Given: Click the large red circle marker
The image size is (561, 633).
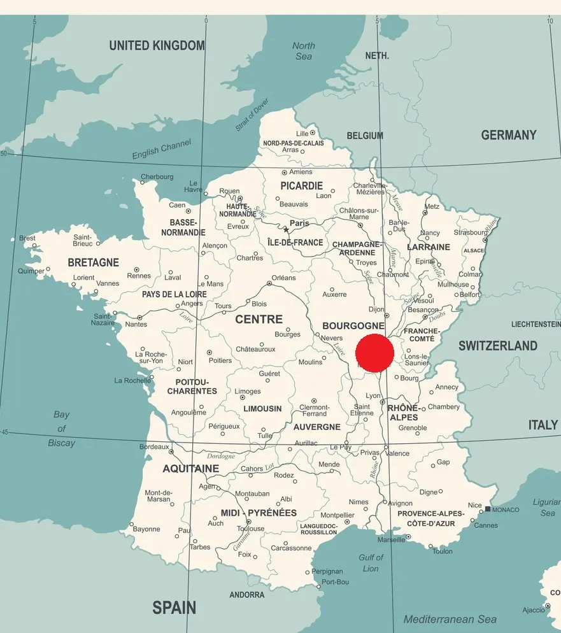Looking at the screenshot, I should coord(374,353).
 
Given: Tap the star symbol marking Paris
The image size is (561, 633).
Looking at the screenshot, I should coord(286,230).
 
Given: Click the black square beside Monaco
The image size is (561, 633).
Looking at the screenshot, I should coord(487,509).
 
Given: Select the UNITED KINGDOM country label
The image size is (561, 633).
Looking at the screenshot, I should coord(157,45).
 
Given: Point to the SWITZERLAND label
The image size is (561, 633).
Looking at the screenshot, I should coord(498,346).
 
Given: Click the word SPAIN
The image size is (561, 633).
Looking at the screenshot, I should coord(174,607).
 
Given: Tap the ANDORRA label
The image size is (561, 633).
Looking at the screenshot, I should coord(246,595).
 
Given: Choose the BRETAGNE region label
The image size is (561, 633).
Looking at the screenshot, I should coord(93,262).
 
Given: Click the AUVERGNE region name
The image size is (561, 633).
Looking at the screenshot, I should coord(316,427).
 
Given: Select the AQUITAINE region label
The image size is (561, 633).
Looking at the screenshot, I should coord(190,469).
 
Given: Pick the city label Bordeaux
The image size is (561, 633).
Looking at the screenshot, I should coord(154,447).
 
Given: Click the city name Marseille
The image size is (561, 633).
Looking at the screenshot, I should coord(390,539).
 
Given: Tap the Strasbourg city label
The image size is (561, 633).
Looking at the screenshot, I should coord(470,232).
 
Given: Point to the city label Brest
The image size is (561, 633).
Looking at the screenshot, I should coord(27,238).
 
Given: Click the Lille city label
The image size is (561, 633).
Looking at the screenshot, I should coord(302,133).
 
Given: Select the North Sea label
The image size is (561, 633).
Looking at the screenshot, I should coord(304,51).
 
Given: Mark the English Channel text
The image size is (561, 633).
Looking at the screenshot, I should coord(161,150).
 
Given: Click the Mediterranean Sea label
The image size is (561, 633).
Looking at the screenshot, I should coord(450,619).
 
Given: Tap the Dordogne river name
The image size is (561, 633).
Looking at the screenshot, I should coord(221,456).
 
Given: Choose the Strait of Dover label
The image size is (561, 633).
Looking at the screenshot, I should coord(252,115).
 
